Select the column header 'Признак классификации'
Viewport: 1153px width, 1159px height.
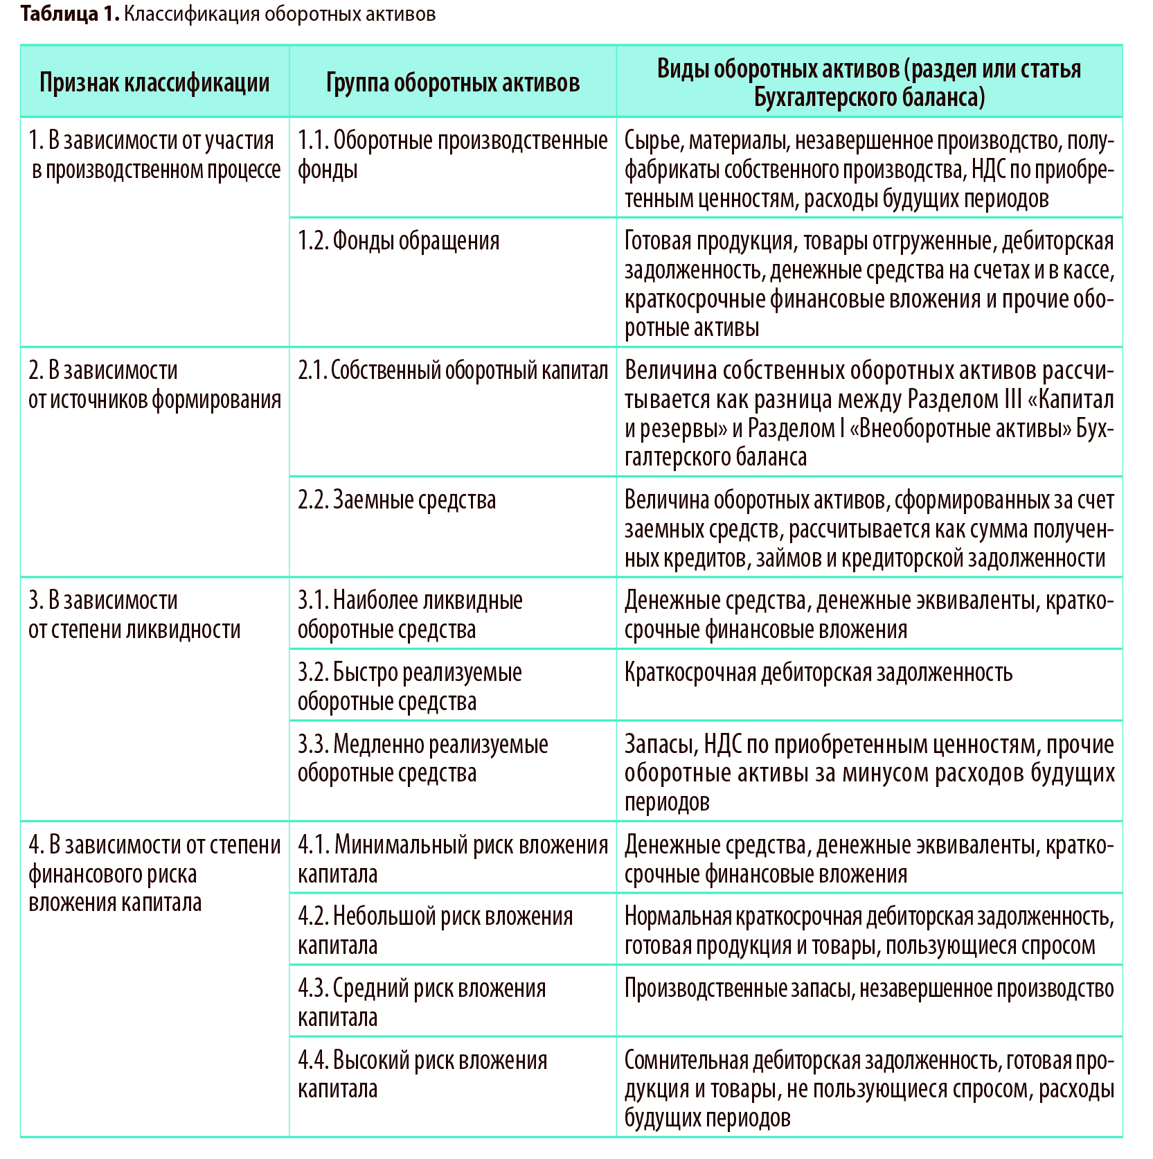pyautogui.click(x=154, y=82)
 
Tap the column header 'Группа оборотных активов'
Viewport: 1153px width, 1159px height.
pyautogui.click(x=452, y=82)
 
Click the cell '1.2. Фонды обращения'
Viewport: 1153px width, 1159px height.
pyautogui.click(x=398, y=241)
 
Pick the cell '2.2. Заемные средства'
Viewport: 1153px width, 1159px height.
pyautogui.click(x=397, y=500)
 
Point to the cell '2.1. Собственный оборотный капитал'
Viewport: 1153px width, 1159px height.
pyautogui.click(x=453, y=371)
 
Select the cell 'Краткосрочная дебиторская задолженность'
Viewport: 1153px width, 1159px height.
pyautogui.click(x=818, y=673)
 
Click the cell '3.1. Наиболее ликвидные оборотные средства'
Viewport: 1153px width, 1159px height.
pyautogui.click(x=410, y=615)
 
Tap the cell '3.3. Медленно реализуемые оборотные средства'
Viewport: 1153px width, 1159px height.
pyautogui.click(x=422, y=759)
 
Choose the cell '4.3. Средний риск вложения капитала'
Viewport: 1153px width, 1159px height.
pyautogui.click(x=422, y=1003)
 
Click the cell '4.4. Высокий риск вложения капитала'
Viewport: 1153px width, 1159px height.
pyautogui.click(x=422, y=1074)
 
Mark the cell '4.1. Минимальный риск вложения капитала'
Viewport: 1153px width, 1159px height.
pyautogui.click(x=453, y=860)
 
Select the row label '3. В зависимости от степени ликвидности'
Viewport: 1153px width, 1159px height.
pyautogui.click(x=134, y=615)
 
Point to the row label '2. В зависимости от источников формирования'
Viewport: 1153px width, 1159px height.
pyautogui.click(x=154, y=385)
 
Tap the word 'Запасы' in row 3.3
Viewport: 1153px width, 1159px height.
pyautogui.click(x=660, y=745)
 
